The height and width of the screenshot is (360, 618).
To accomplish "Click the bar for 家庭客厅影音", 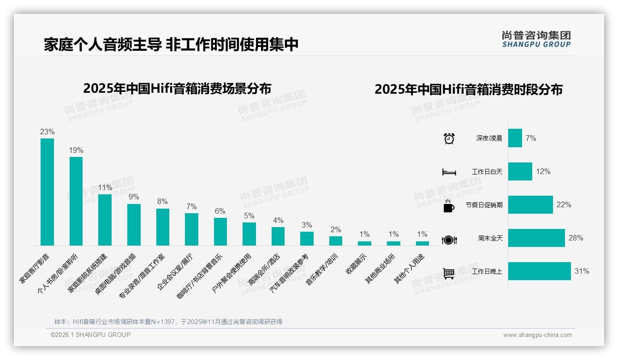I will click(47, 192).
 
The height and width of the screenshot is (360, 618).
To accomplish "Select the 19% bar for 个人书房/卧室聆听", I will click(76, 201).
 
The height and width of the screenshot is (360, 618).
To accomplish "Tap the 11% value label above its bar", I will click(105, 188).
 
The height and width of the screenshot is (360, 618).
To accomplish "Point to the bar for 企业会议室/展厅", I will click(191, 229).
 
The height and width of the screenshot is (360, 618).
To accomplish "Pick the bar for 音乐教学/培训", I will click(336, 241).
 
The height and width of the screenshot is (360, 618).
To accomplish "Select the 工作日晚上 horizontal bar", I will click(539, 271).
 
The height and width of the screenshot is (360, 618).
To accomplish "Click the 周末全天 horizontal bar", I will click(536, 238).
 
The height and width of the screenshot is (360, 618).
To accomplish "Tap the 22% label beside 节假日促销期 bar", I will click(564, 205).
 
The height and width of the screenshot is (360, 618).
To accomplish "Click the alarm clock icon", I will click(449, 138).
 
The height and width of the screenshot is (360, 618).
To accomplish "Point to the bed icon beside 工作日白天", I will click(449, 172).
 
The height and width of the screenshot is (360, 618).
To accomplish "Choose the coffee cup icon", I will click(449, 206).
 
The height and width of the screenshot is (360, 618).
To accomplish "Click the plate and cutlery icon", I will click(449, 240).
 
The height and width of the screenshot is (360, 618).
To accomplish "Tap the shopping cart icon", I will click(449, 273).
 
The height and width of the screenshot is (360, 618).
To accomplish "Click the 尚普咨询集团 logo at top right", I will click(536, 39).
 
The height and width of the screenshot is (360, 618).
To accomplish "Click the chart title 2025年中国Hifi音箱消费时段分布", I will click(468, 90).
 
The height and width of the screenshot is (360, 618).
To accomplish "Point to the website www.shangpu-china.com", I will click(537, 335).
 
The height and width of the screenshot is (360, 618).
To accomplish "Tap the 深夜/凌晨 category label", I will click(489, 138).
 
